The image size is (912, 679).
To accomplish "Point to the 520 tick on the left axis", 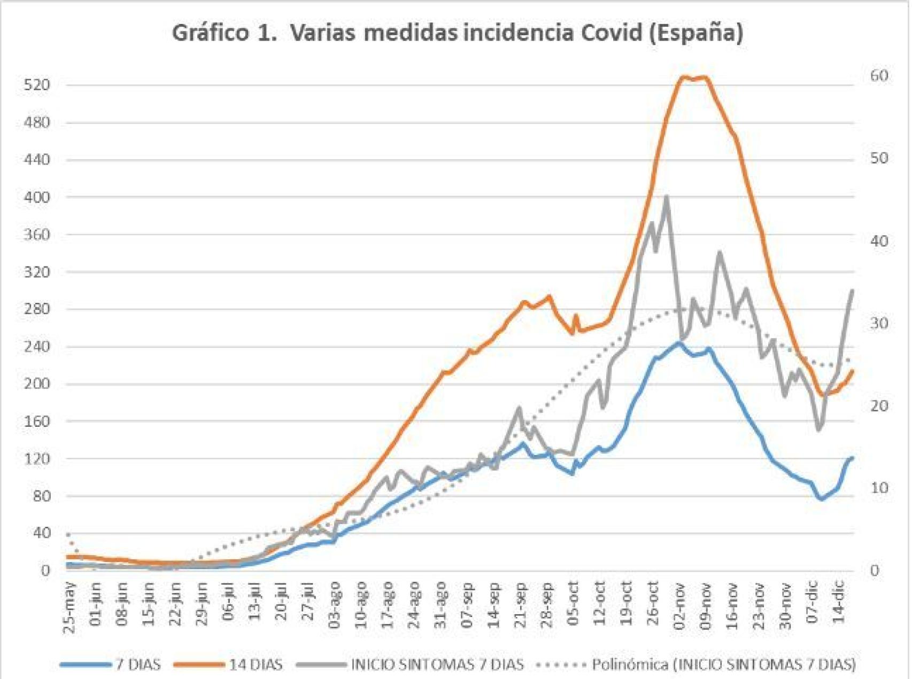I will pyautogui.click(x=37, y=85).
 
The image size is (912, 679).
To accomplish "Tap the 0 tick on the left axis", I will pyautogui.click(x=45, y=571).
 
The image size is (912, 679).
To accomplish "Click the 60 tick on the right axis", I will pyautogui.click(x=879, y=76).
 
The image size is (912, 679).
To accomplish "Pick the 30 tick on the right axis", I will pyautogui.click(x=879, y=324).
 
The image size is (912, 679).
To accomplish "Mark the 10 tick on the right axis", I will pyautogui.click(x=879, y=488).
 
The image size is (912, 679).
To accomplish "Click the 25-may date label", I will pyautogui.click(x=70, y=608).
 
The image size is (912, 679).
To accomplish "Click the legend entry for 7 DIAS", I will pyautogui.click(x=138, y=665).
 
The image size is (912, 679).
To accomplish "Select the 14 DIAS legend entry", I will pyautogui.click(x=256, y=665).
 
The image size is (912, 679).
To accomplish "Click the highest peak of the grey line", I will pyautogui.click(x=666, y=197).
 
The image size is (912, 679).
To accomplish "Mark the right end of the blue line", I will pyautogui.click(x=852, y=458).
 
